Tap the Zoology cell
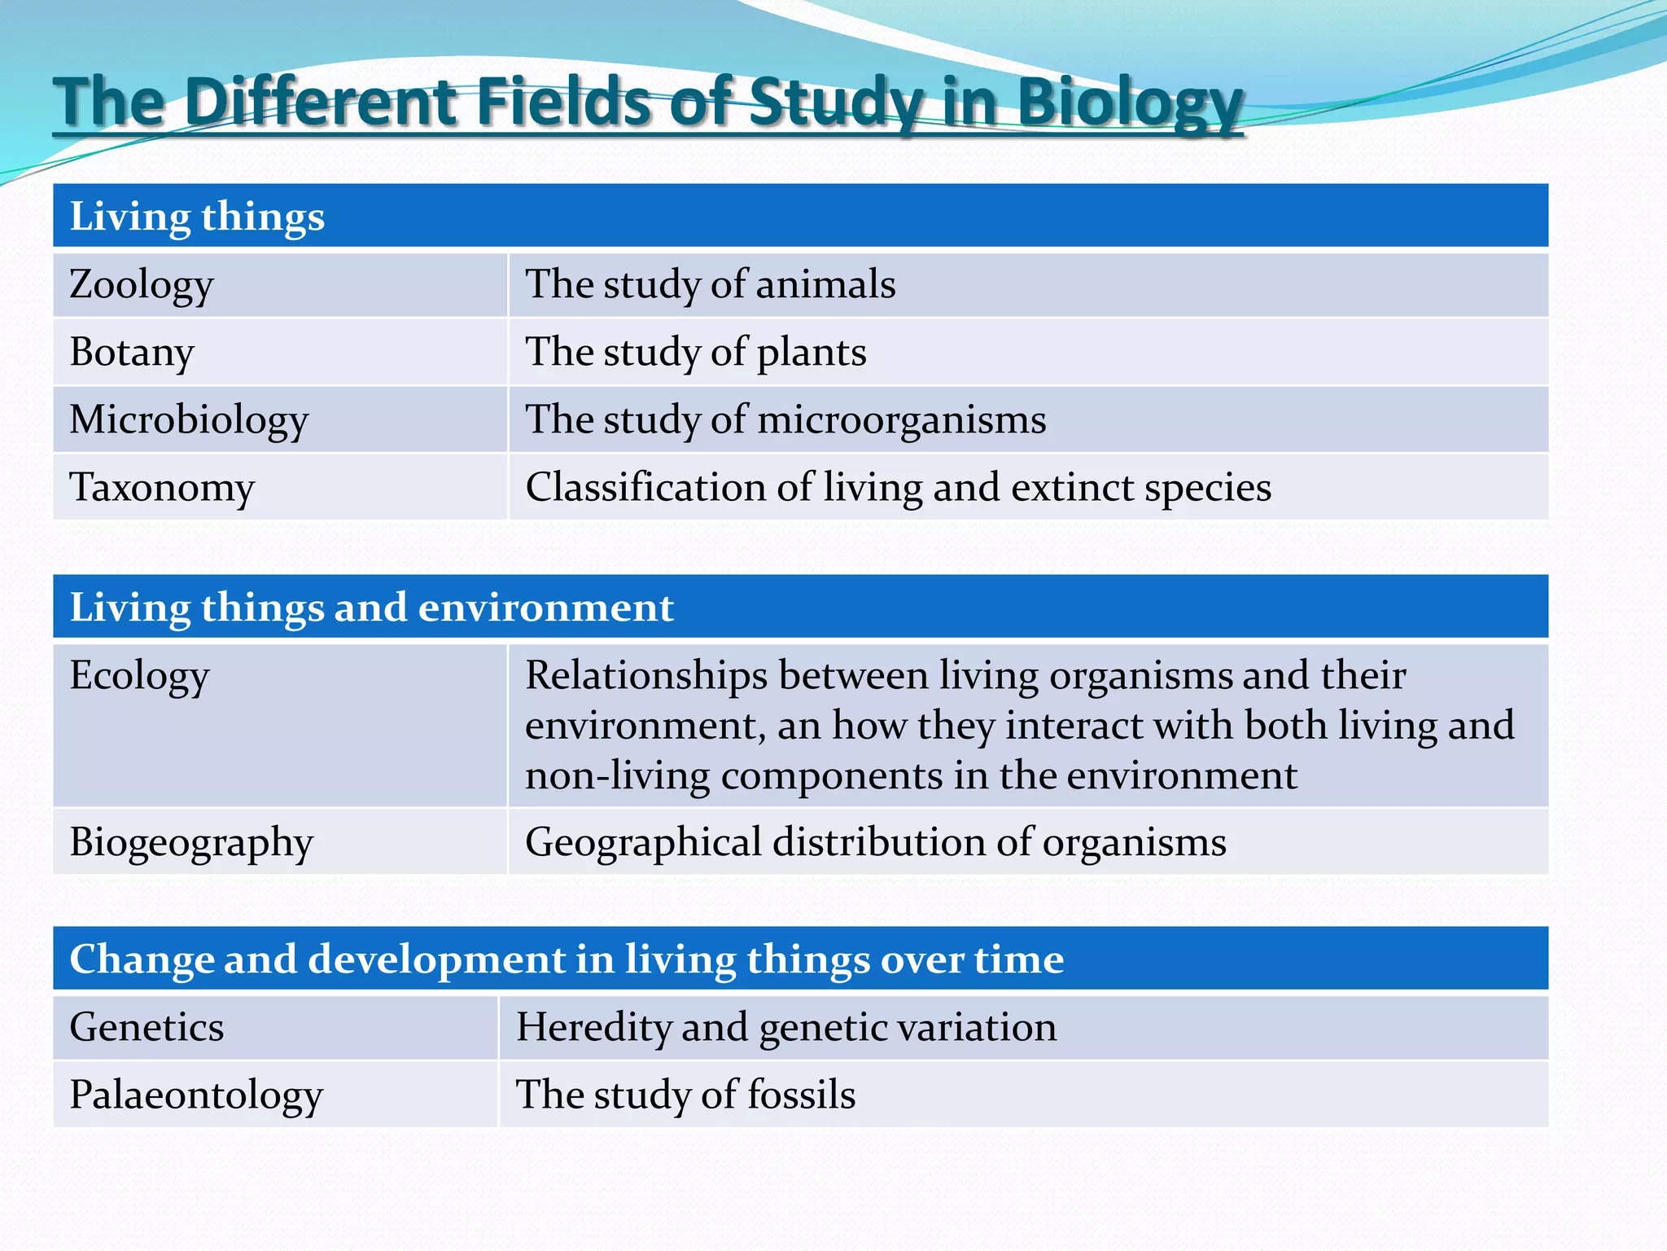click(x=142, y=285)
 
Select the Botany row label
click(x=132, y=353)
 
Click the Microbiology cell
click(x=189, y=420)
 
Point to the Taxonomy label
click(x=162, y=488)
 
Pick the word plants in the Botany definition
click(x=812, y=353)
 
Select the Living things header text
click(x=197, y=217)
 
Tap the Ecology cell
click(x=139, y=676)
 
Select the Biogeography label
click(x=191, y=843)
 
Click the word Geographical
click(x=643, y=843)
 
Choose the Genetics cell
click(x=147, y=1027)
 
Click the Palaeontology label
click(x=196, y=1095)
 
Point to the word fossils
click(x=801, y=1095)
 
